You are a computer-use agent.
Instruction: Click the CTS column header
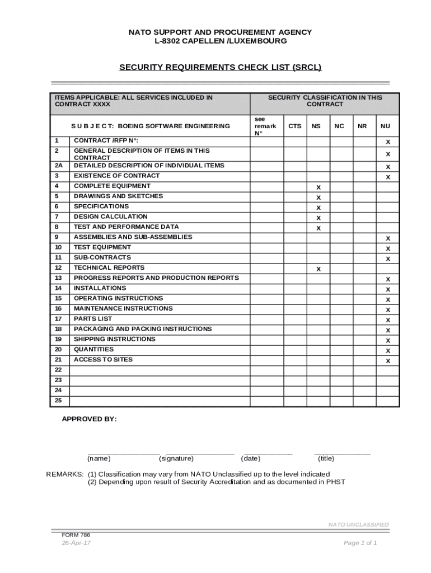click(x=294, y=126)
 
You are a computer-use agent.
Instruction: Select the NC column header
click(x=339, y=126)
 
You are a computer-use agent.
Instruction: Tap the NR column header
click(x=362, y=126)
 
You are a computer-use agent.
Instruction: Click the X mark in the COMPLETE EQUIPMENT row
click(x=318, y=187)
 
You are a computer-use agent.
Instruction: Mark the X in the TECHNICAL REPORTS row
click(x=318, y=269)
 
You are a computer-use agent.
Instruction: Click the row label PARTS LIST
click(x=93, y=319)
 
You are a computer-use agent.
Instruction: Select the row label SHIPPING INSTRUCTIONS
click(x=115, y=339)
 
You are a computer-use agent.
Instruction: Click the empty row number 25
click(x=58, y=401)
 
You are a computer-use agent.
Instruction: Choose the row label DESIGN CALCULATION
click(x=111, y=217)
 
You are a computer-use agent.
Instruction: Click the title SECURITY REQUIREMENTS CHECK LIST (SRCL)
click(x=221, y=68)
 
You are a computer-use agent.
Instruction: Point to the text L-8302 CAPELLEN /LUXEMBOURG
click(x=221, y=41)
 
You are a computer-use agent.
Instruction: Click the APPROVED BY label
click(x=89, y=419)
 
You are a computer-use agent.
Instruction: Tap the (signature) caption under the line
click(x=176, y=458)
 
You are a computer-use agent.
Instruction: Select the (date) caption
click(x=250, y=458)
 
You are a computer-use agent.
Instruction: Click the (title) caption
click(x=326, y=458)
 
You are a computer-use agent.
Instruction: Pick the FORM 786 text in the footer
click(x=76, y=535)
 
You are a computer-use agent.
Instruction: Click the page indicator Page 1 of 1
click(x=360, y=543)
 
